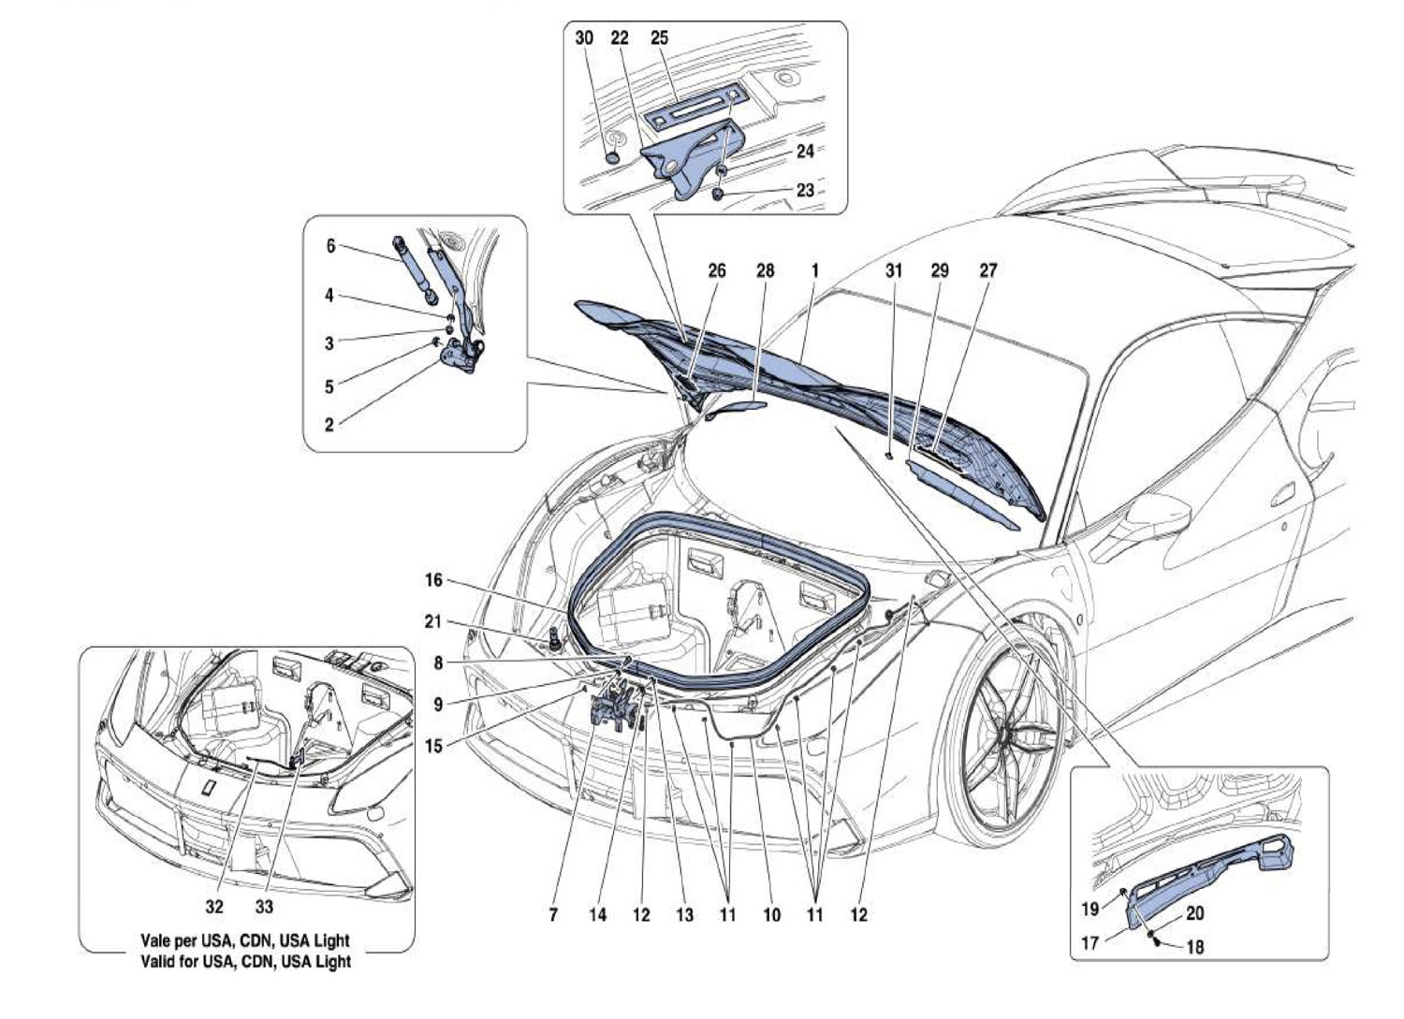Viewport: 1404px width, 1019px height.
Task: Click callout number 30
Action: (583, 38)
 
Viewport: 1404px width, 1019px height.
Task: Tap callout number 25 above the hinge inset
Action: (659, 38)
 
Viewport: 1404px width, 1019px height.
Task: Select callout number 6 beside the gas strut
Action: (331, 246)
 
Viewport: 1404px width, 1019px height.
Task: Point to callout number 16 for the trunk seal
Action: (433, 580)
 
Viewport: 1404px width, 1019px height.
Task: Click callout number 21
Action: (433, 621)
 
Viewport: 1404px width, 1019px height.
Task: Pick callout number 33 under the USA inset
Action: (265, 907)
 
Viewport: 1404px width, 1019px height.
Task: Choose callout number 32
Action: (214, 907)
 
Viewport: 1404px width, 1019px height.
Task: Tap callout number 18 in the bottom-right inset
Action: (1195, 947)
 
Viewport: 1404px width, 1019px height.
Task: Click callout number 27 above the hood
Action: (987, 270)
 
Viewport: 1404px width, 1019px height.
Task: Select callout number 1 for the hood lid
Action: (815, 270)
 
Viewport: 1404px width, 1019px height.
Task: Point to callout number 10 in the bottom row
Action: (772, 915)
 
